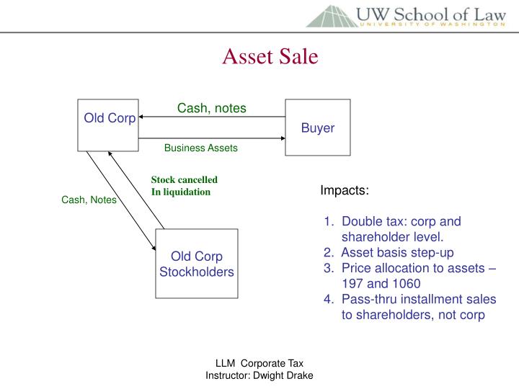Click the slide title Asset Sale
pyautogui.click(x=270, y=57)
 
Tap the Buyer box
pyautogui.click(x=317, y=128)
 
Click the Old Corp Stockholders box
pyautogui.click(x=196, y=264)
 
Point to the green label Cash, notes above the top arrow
pyautogui.click(x=212, y=108)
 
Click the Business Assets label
pyautogui.click(x=200, y=148)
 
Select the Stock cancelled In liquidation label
pyautogui.click(x=184, y=186)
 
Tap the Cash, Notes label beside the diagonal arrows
pyautogui.click(x=89, y=200)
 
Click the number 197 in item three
pyautogui.click(x=352, y=284)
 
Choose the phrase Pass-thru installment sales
pyautogui.click(x=419, y=300)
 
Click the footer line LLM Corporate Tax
pyautogui.click(x=259, y=365)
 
